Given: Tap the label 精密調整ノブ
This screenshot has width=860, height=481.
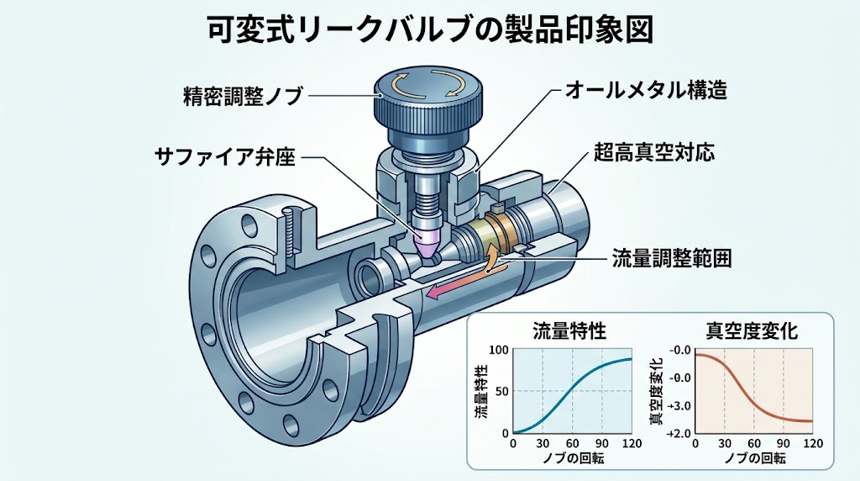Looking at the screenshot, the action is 243,96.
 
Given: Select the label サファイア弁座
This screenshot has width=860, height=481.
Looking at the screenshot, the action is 225,157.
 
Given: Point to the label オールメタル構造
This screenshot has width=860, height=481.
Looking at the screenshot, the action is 646,89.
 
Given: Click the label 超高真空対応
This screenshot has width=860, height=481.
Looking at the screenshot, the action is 654,151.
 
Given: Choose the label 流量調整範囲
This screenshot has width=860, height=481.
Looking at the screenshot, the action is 672,257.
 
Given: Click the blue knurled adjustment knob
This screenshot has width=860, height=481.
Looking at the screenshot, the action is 429,106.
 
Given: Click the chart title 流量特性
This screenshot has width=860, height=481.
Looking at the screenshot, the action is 570,331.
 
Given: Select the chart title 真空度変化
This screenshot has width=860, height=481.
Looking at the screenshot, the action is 752,331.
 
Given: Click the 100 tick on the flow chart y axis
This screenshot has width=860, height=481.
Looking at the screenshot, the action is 499,351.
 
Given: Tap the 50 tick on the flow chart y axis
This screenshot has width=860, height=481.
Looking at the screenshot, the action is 502,391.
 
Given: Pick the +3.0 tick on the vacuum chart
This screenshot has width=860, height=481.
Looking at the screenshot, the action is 679,406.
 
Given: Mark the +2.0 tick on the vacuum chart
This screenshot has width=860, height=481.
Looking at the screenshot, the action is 679,433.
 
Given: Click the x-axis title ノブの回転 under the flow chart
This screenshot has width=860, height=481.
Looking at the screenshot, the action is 573,457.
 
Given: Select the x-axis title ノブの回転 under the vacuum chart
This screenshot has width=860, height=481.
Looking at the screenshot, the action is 755,457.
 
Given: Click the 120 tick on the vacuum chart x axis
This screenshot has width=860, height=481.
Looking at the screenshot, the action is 812,444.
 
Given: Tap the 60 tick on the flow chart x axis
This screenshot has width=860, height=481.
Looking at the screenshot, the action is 573,444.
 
